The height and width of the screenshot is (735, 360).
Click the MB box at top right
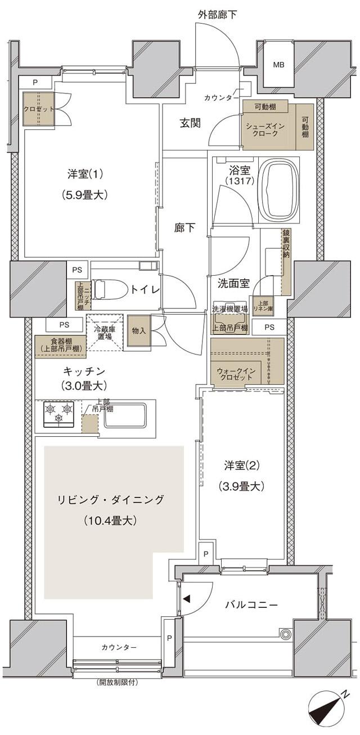point(278,65)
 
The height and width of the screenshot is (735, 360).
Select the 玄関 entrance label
point(190,124)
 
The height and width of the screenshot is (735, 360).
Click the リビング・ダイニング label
point(111,499)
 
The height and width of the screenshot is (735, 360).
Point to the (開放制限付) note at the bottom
point(117,683)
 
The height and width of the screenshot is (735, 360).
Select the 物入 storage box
point(138,331)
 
